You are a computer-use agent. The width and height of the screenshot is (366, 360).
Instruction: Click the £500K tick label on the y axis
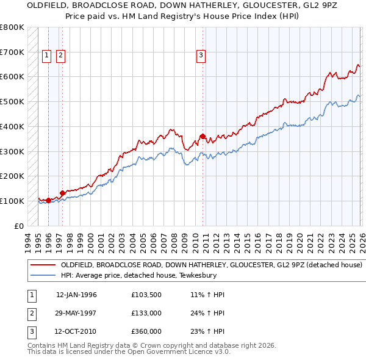(x=12, y=101)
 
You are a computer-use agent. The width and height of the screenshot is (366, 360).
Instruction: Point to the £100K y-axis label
(x=12, y=201)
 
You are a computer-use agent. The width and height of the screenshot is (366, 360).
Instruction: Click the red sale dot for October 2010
(x=203, y=136)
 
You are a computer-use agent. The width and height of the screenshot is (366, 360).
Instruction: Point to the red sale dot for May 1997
(x=62, y=193)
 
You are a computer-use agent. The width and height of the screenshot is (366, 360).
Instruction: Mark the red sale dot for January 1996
(x=48, y=200)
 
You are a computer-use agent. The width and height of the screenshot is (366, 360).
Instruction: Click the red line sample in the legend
(x=43, y=265)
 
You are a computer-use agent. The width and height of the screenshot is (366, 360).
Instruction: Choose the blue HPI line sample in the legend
(x=43, y=275)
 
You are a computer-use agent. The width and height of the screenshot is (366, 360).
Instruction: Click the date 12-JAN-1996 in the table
(x=76, y=295)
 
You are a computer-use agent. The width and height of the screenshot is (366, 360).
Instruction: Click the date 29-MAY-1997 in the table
(x=76, y=313)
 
